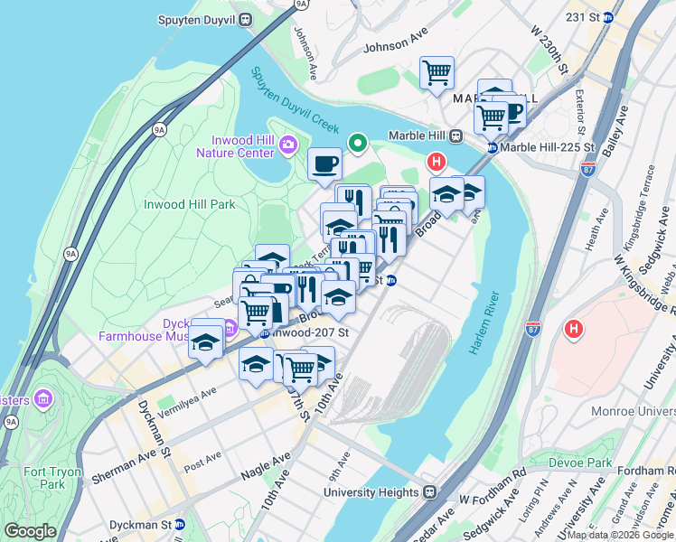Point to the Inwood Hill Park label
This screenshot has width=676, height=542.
(190, 204)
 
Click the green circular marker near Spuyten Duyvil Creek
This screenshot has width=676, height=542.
(358, 142)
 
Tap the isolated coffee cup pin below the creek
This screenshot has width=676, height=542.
(324, 165)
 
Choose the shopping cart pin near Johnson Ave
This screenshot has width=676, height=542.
(437, 72)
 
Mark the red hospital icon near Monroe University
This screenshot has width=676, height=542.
(572, 330)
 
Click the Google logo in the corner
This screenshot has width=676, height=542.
(30, 531)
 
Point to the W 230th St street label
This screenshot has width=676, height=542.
(549, 54)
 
